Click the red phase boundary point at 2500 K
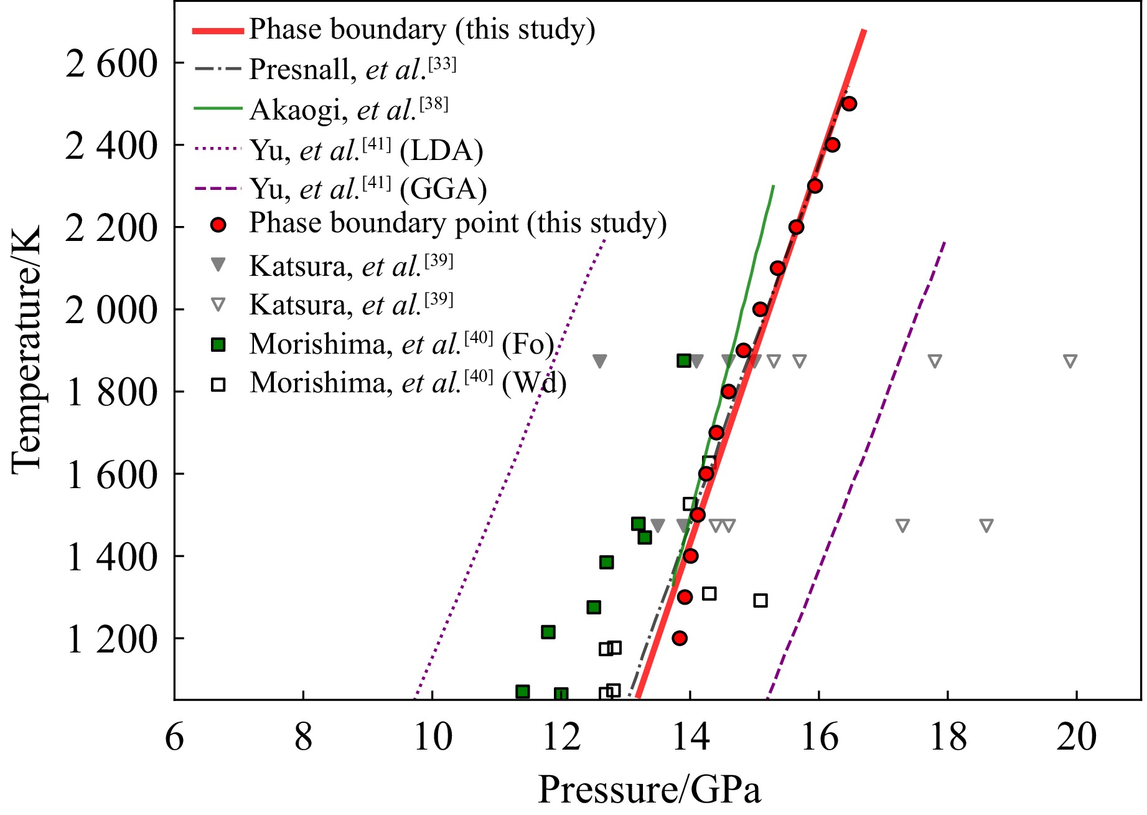(849, 104)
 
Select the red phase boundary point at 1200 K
(680, 638)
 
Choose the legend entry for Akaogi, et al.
(349, 110)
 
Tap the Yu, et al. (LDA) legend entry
(366, 150)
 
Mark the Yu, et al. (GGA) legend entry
(368, 189)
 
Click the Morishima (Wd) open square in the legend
(218, 385)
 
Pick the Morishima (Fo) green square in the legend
(218, 345)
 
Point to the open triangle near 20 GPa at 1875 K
(1070, 361)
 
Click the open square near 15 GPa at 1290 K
(760, 601)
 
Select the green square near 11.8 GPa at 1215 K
(548, 633)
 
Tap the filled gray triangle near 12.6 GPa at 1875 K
(599, 361)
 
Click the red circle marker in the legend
(218, 225)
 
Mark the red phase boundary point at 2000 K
(760, 309)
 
